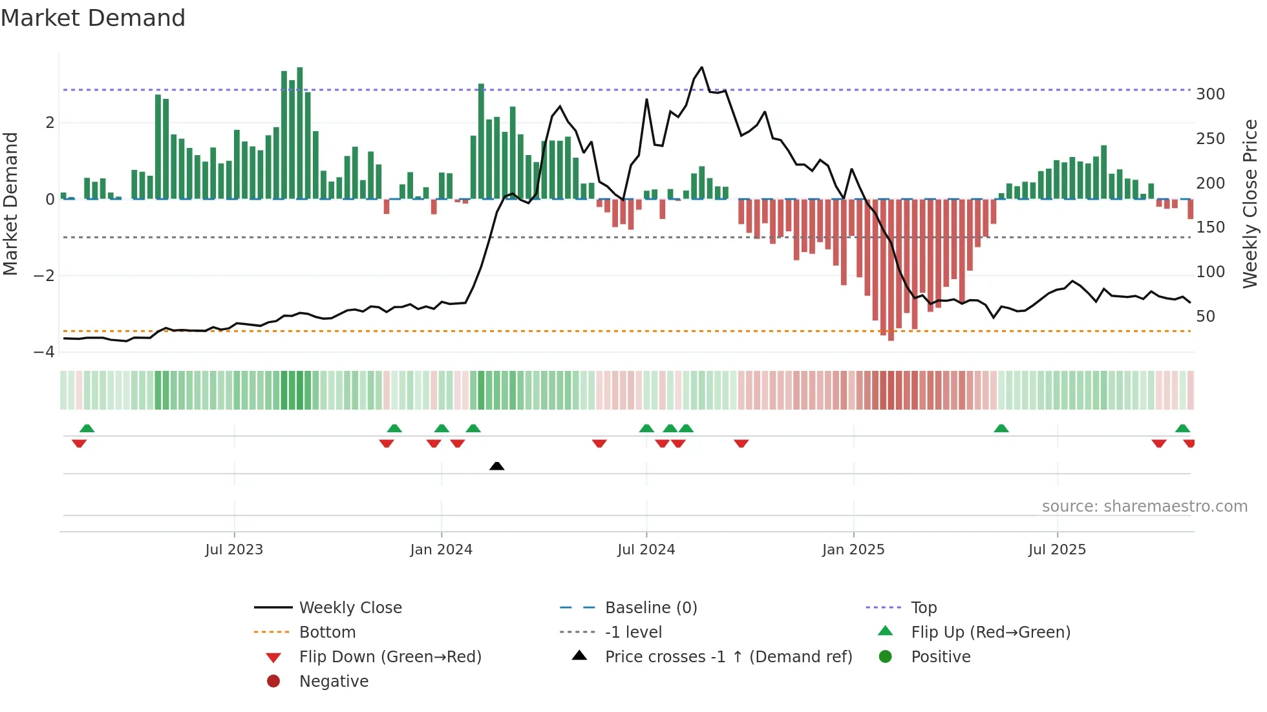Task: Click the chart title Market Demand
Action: coord(93,18)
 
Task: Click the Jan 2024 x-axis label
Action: coord(441,550)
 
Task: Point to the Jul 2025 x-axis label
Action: coord(1057,550)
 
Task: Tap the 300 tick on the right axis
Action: coord(1210,94)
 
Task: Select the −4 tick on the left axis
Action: coord(45,352)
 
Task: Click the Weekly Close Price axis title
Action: coord(1250,204)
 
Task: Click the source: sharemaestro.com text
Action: coord(1144,507)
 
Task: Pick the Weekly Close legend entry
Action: coord(350,608)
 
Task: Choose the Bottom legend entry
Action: coord(327,633)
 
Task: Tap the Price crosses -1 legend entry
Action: coord(728,657)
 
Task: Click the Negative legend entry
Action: coord(334,682)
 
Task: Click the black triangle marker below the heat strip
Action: coord(496,466)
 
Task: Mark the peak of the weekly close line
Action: coord(701,67)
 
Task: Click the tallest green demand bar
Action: coord(299,133)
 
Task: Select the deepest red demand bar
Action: coord(891,269)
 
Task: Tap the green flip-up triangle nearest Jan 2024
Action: coord(442,428)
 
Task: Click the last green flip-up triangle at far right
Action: coord(1182,428)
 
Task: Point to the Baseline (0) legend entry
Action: coord(650,608)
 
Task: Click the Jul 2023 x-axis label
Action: coord(234,550)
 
